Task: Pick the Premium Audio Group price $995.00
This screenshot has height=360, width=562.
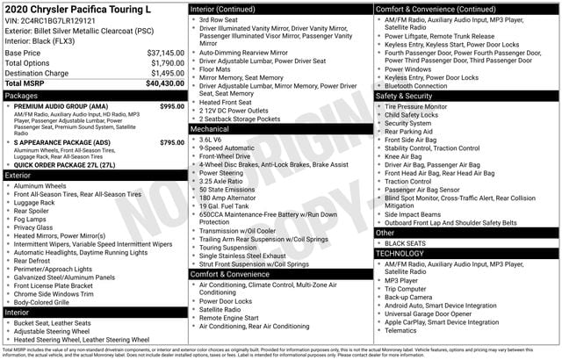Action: click(x=172, y=106)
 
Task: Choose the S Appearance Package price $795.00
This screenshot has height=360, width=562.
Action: click(x=172, y=141)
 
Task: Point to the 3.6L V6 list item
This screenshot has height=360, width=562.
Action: click(x=211, y=140)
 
